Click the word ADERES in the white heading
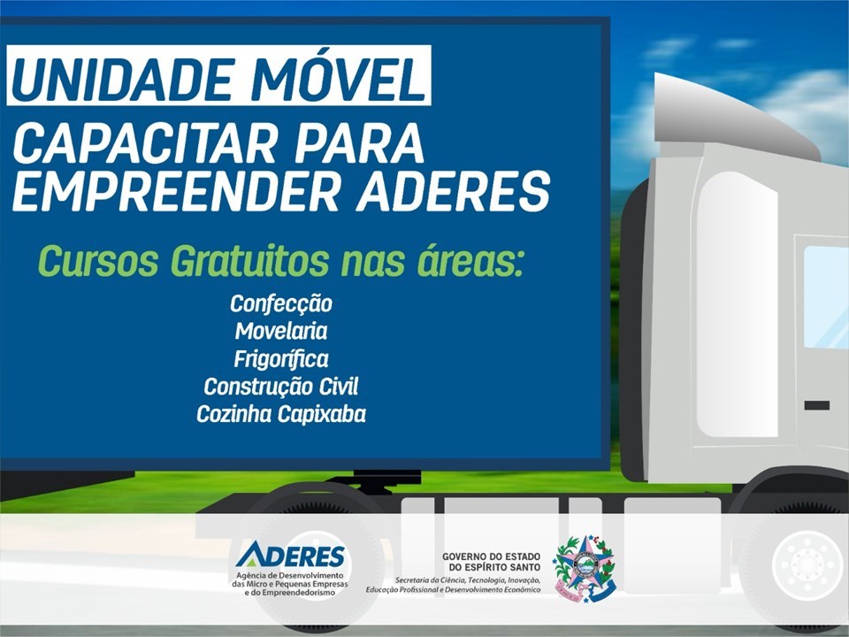453,191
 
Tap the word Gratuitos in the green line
249,262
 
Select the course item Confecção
281,303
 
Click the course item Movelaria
281,331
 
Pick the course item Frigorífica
281,359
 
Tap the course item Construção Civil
281,387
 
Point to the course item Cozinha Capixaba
281,414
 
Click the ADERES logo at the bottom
290,556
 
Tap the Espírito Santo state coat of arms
585,568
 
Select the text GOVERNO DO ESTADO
491,556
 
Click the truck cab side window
826,297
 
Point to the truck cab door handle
816,405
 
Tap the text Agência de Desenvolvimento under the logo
290,575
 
